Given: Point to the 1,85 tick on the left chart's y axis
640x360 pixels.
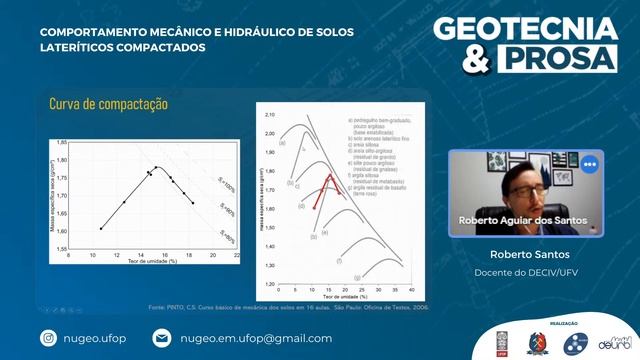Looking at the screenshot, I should tap(62, 141).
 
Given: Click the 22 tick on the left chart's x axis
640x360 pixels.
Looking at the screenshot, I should tap(237, 255).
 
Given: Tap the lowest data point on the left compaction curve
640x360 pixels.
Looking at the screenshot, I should tap(101, 229).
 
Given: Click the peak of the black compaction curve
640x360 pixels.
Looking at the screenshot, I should tap(156, 167).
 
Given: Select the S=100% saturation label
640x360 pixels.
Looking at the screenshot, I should tap(227, 184).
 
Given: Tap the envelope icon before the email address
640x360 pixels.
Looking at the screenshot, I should tap(162, 339).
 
